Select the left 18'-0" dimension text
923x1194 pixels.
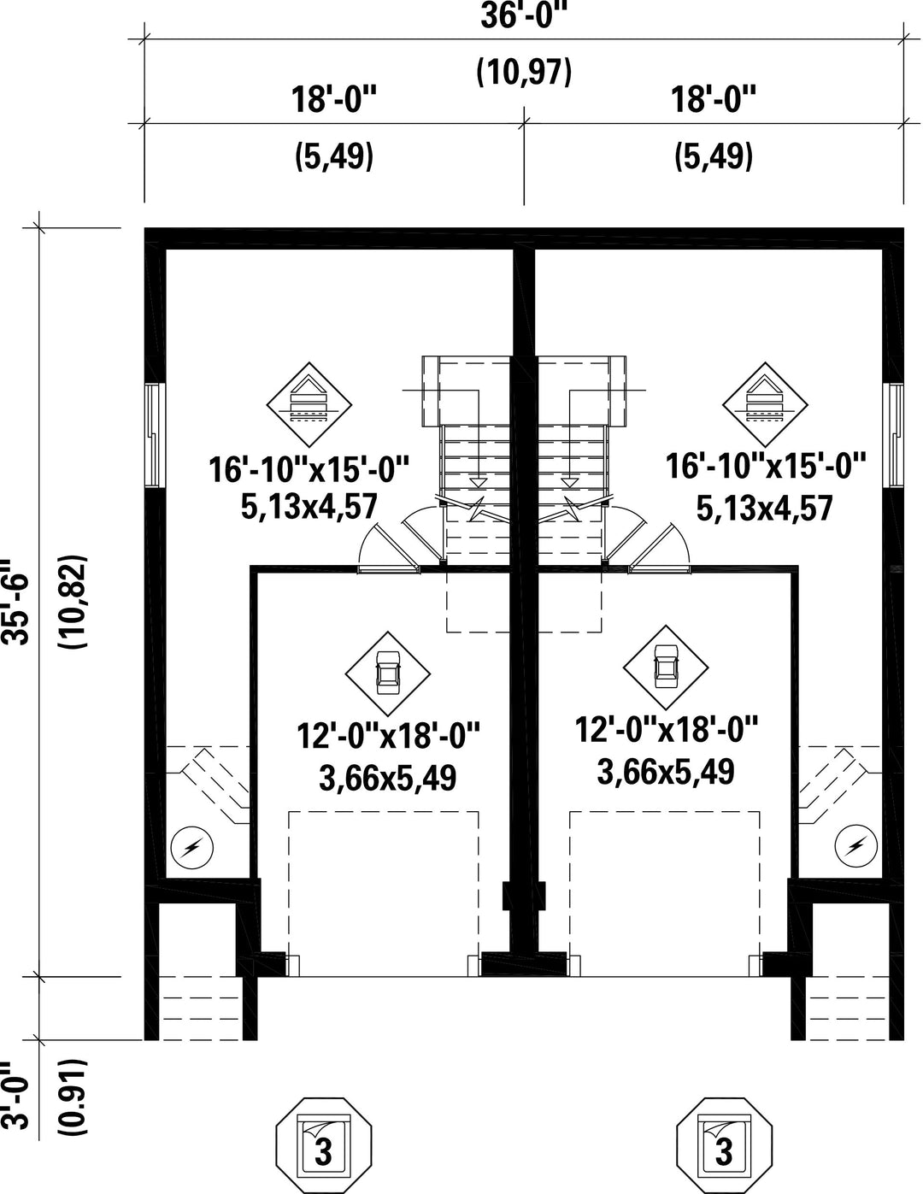(334, 101)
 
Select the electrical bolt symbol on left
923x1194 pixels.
(192, 848)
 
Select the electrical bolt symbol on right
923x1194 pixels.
(855, 846)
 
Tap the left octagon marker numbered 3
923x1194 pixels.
(324, 1146)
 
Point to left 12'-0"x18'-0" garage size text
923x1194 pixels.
(388, 734)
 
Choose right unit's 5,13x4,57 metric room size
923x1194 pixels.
(764, 509)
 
